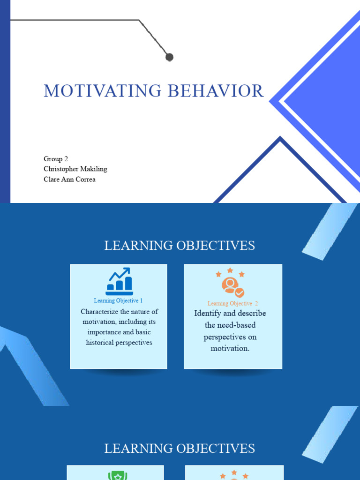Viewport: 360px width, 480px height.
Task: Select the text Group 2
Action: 56,159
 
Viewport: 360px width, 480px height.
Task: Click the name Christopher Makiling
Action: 75,169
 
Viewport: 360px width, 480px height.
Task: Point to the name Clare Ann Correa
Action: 69,179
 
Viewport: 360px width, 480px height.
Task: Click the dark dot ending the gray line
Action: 169,57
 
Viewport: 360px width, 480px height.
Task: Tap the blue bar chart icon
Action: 119,281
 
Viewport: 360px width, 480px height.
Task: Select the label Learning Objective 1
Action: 118,300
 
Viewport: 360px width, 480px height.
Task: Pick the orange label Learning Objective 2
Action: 232,303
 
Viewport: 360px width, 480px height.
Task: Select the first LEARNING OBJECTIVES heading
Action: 180,245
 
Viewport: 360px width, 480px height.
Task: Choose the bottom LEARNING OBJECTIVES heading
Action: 180,448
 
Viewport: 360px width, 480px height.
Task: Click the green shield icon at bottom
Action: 118,476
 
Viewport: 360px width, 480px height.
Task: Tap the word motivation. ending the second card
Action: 230,348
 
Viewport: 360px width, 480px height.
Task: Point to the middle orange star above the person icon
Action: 230,270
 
